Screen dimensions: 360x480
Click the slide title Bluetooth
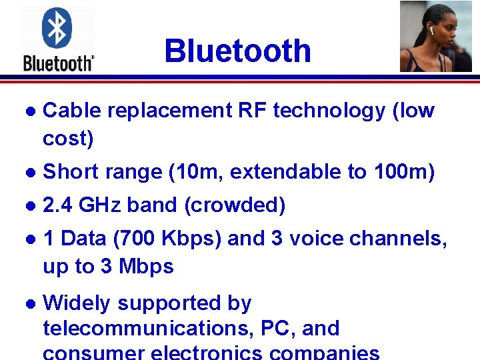tap(237, 51)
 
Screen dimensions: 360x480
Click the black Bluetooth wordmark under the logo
tap(58, 63)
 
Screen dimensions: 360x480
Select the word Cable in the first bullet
tap(71, 111)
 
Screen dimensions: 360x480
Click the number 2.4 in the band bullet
tap(57, 205)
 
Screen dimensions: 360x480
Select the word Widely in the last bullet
tap(76, 303)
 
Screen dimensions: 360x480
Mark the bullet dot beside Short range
tap(26, 173)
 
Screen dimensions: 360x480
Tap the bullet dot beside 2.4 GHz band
tap(26, 206)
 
